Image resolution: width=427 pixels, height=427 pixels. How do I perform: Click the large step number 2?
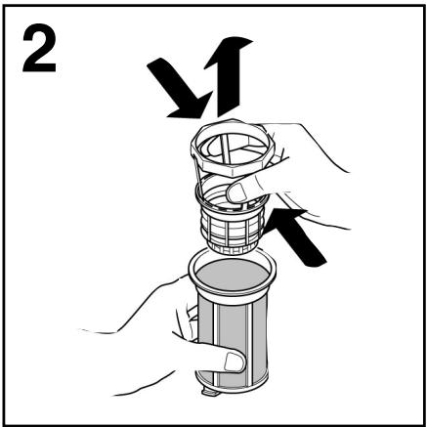tap(39, 48)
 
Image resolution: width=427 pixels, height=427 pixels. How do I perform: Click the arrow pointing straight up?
tap(229, 76)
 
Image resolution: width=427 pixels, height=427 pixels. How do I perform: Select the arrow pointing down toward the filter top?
tap(180, 89)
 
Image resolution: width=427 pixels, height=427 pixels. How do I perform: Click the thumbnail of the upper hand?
tap(236, 192)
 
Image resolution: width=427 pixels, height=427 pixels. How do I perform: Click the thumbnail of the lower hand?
tap(235, 362)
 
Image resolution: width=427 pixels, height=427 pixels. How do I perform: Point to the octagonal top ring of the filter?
tap(233, 148)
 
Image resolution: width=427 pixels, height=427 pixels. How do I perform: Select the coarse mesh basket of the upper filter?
tap(232, 225)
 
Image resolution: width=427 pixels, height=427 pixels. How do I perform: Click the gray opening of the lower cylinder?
tap(233, 276)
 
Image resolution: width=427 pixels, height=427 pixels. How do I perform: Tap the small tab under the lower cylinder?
tap(210, 392)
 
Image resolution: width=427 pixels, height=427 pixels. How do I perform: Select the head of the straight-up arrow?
tap(229, 52)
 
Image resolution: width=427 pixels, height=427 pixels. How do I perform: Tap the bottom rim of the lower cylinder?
tap(232, 386)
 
